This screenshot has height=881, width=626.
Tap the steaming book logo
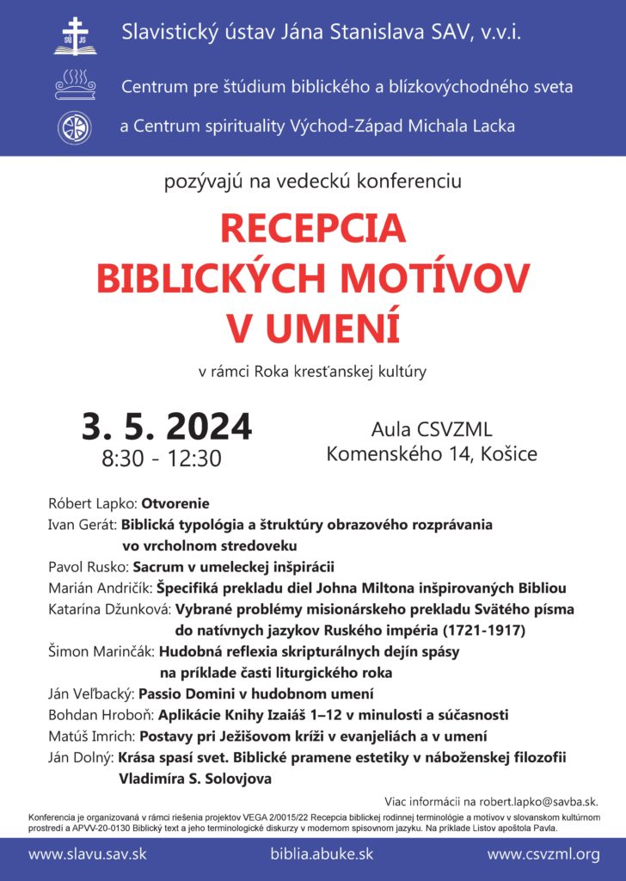pos(75,86)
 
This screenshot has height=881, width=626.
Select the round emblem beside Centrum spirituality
pos(74,127)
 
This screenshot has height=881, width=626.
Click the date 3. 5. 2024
pos(167,426)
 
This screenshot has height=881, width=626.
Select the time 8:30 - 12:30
pos(162,458)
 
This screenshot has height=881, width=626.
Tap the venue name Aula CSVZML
pos(432,429)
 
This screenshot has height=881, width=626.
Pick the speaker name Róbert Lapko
pos(94,503)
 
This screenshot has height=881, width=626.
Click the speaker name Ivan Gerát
pos(83,524)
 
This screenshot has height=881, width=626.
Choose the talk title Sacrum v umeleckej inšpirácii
pos(233,567)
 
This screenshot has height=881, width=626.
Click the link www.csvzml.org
pos(543,854)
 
